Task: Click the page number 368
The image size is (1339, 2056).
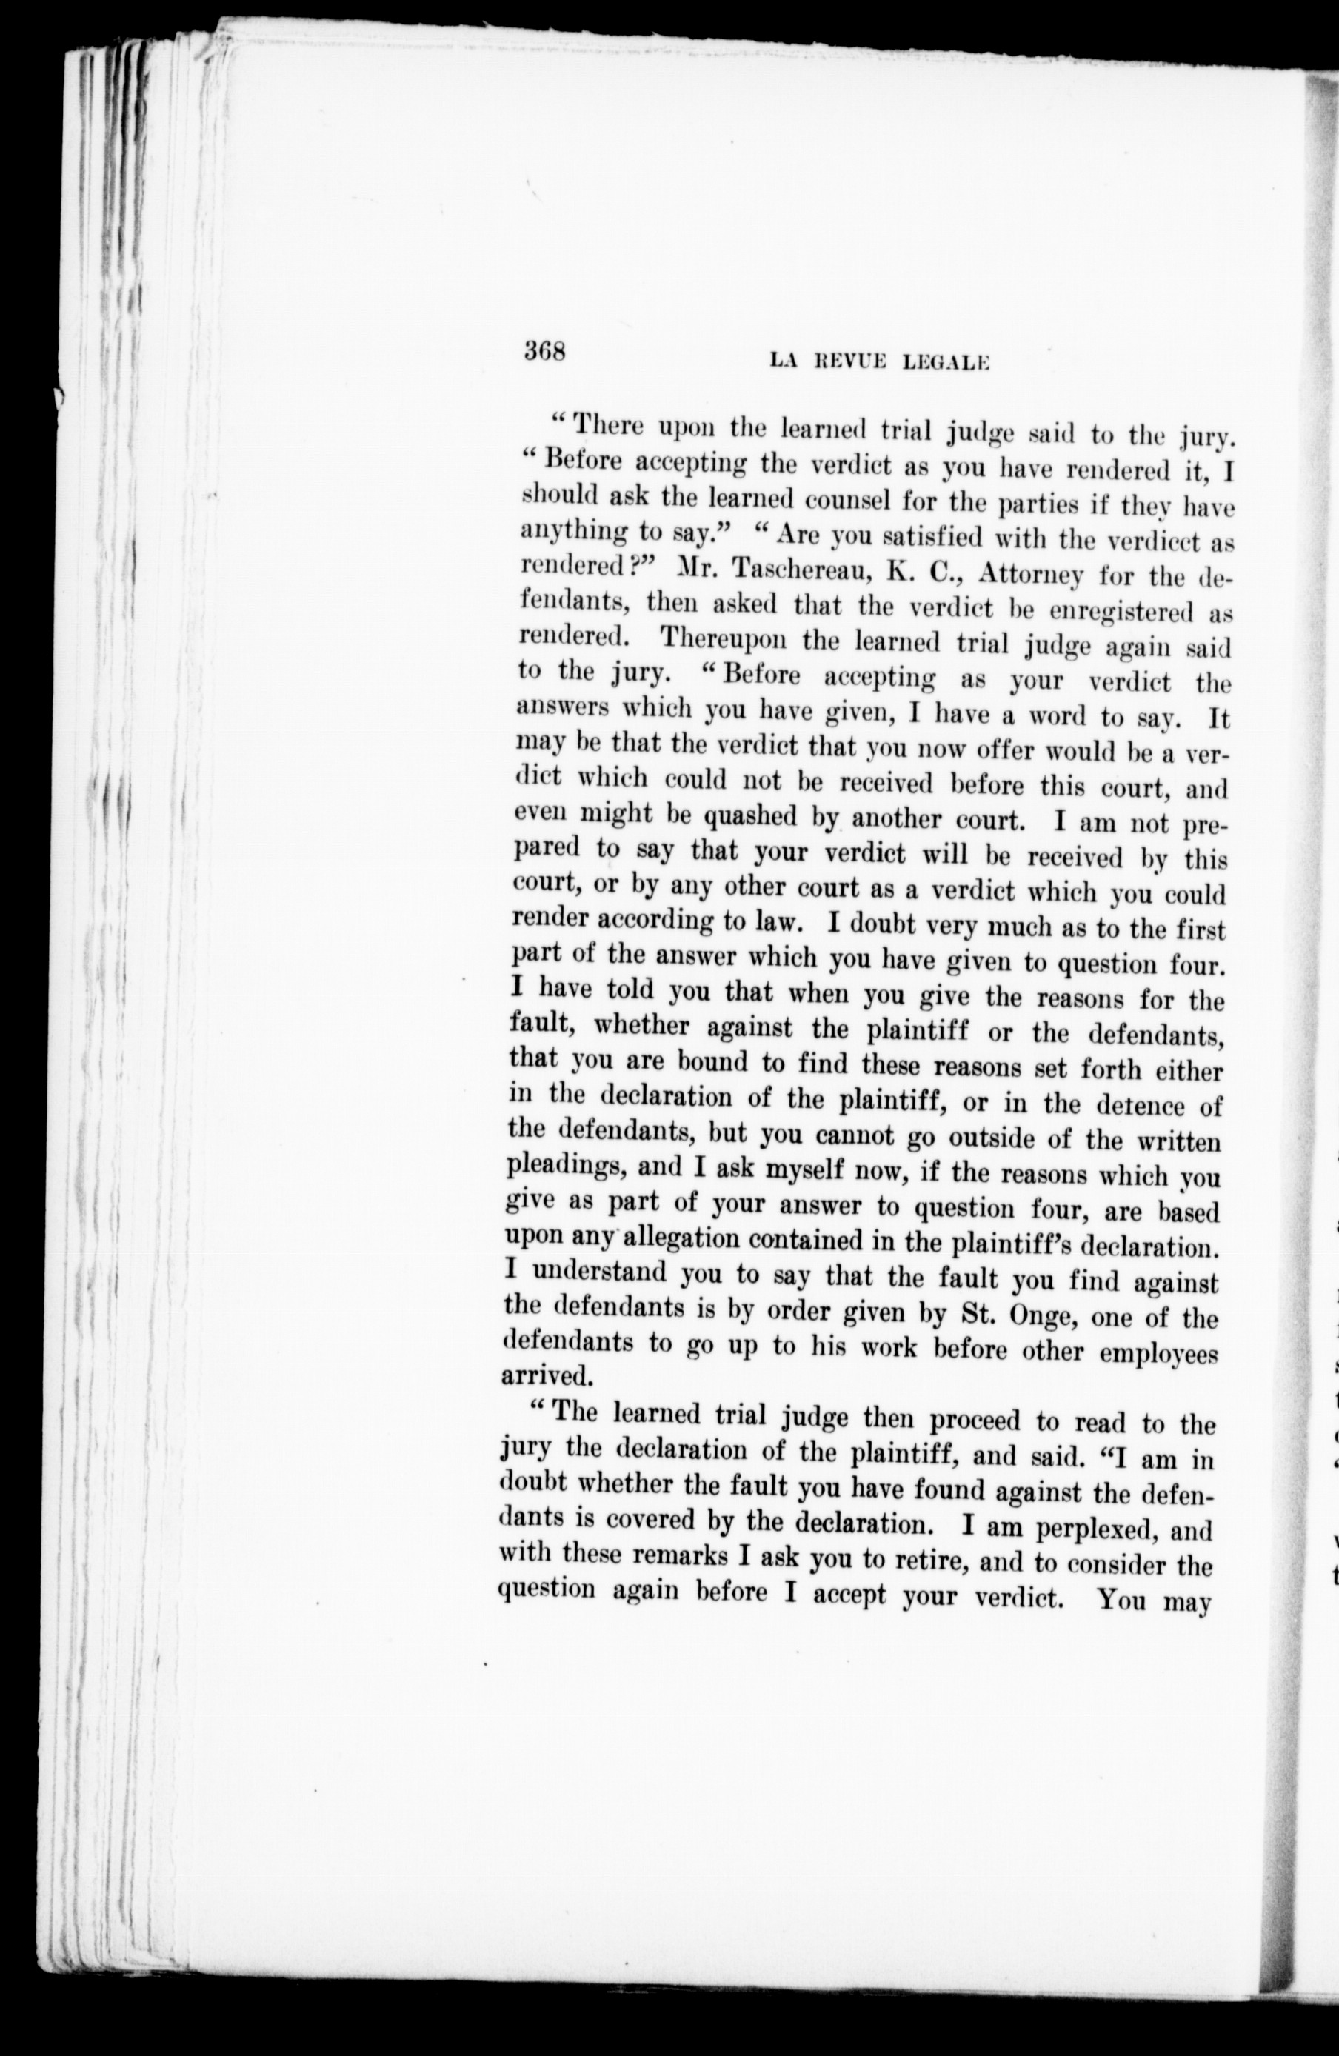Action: [544, 352]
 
